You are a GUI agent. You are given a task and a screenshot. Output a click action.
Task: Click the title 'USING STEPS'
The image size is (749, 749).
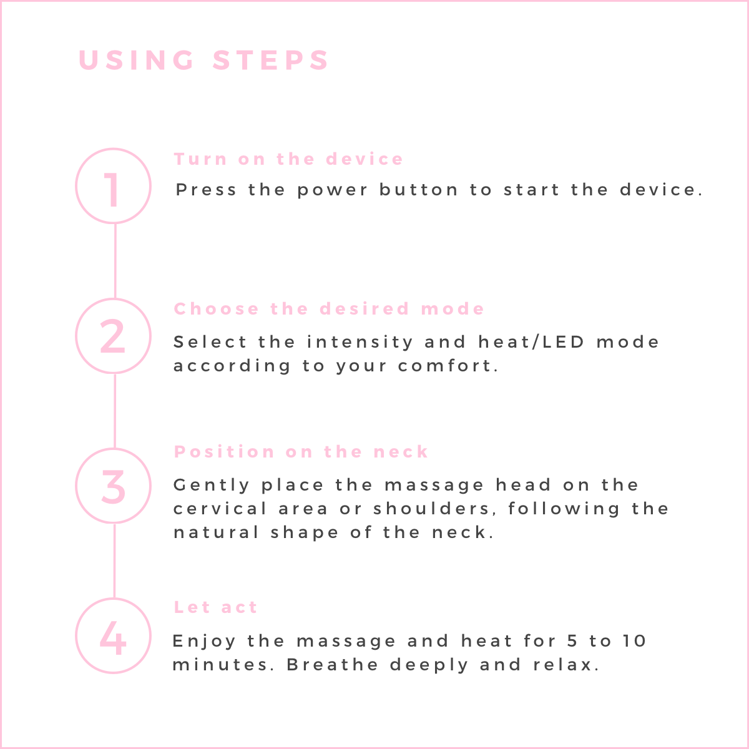click(x=203, y=61)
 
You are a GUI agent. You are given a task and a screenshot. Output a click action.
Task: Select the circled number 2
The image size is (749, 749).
click(x=113, y=336)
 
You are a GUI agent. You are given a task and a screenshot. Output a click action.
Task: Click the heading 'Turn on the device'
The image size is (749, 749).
click(x=288, y=159)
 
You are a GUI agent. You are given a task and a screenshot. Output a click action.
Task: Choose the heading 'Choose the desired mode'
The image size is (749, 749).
click(x=329, y=309)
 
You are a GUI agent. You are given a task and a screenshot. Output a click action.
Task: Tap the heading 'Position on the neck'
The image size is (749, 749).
click(x=301, y=452)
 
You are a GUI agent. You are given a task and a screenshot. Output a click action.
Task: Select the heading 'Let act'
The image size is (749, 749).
click(x=215, y=607)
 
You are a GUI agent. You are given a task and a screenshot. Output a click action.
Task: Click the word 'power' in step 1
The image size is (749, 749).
click(x=332, y=190)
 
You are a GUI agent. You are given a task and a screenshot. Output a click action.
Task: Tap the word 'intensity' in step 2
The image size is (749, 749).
click(x=360, y=343)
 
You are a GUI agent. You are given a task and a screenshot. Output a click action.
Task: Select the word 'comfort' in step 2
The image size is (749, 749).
click(x=446, y=365)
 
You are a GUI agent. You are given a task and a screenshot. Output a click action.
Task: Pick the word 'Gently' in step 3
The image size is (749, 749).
click(x=212, y=486)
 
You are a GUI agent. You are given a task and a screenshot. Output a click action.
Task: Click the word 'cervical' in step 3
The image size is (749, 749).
click(x=220, y=509)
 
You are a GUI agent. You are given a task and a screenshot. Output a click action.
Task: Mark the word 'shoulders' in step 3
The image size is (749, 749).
click(x=431, y=509)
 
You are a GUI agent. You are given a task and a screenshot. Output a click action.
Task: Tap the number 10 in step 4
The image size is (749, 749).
click(x=635, y=642)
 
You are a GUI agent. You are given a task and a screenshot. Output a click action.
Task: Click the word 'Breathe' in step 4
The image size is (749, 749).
click(x=333, y=665)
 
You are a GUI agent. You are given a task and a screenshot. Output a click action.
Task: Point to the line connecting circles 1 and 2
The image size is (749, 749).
click(x=115, y=261)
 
